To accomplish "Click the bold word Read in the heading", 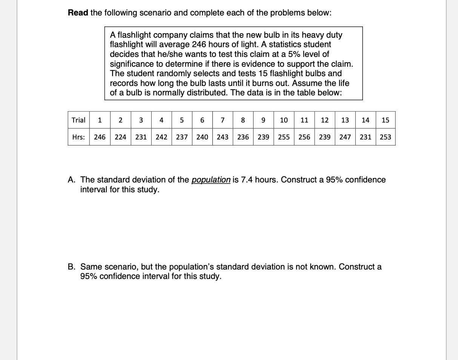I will (78, 13).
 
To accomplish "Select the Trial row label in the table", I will (78, 120).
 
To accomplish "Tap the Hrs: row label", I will (78, 137).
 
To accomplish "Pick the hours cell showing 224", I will (120, 137).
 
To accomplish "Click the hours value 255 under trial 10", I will (284, 137).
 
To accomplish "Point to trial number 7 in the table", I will (223, 120).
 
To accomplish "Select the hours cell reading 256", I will (304, 137).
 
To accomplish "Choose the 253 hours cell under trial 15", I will (385, 137).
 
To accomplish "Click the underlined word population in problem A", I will (211, 180).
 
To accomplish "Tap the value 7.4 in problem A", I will (247, 180).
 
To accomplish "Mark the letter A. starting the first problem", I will (72, 180).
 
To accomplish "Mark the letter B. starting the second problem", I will (72, 267).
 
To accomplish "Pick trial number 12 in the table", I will (324, 120).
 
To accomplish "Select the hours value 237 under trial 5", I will (181, 137).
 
